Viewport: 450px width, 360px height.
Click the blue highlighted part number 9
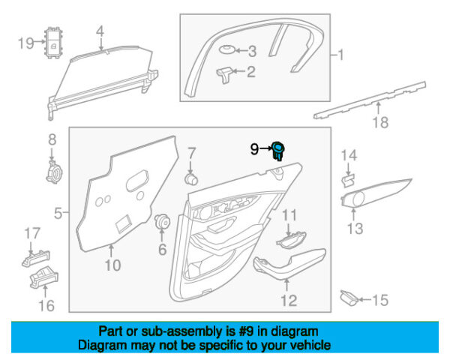280,150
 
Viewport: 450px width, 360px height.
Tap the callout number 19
24,43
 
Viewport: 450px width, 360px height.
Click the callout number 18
382,124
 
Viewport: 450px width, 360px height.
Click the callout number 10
112,265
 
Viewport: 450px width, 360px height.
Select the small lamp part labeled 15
349,298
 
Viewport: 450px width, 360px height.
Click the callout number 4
100,31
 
